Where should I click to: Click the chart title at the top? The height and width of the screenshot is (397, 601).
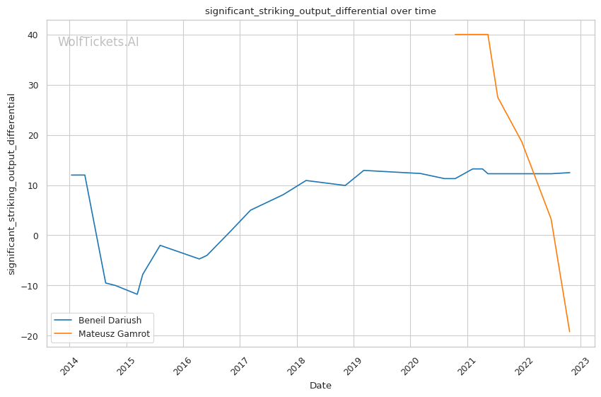click(x=320, y=11)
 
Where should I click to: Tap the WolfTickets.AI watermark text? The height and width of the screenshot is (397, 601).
click(x=98, y=42)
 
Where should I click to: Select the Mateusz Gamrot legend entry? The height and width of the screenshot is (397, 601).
click(x=114, y=333)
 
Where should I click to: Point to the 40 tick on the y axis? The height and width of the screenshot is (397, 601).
click(x=34, y=35)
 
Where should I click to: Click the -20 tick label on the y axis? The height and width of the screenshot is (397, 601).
click(x=31, y=336)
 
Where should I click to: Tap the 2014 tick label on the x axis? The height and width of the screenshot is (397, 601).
click(x=69, y=366)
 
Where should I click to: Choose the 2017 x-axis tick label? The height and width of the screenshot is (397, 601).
click(x=239, y=366)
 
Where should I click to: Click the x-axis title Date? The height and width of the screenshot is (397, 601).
click(x=320, y=386)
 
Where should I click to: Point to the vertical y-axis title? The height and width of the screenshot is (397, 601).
click(x=12, y=184)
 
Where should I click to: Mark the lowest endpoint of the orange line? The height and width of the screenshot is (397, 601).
click(x=569, y=332)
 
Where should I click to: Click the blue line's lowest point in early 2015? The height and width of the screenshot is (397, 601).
click(x=137, y=294)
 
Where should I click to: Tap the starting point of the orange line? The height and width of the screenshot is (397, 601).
click(x=455, y=35)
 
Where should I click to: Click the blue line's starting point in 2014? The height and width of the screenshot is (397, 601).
click(x=71, y=175)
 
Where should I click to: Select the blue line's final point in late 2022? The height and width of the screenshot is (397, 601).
click(x=570, y=173)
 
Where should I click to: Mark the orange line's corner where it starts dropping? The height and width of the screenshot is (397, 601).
click(x=488, y=35)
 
